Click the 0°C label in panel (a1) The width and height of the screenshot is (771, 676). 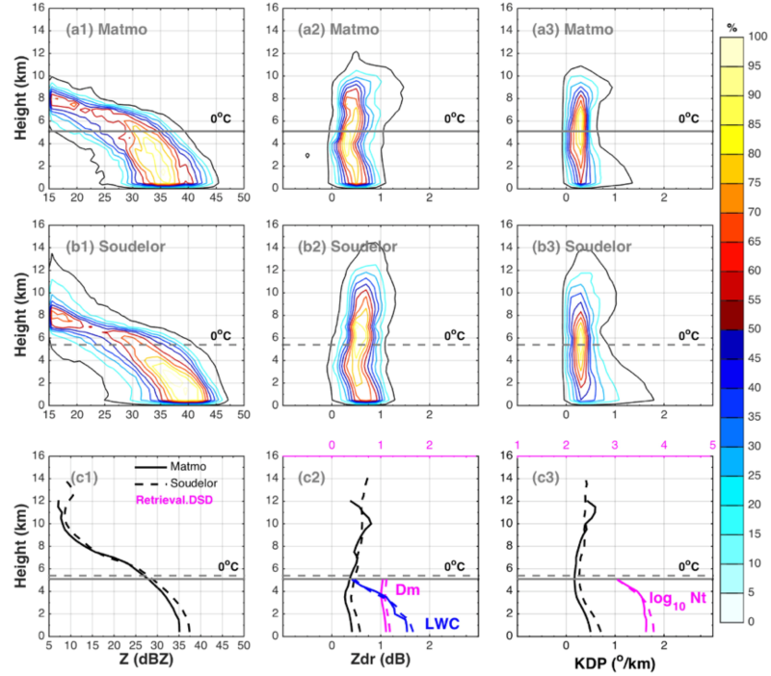(x=224, y=118)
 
